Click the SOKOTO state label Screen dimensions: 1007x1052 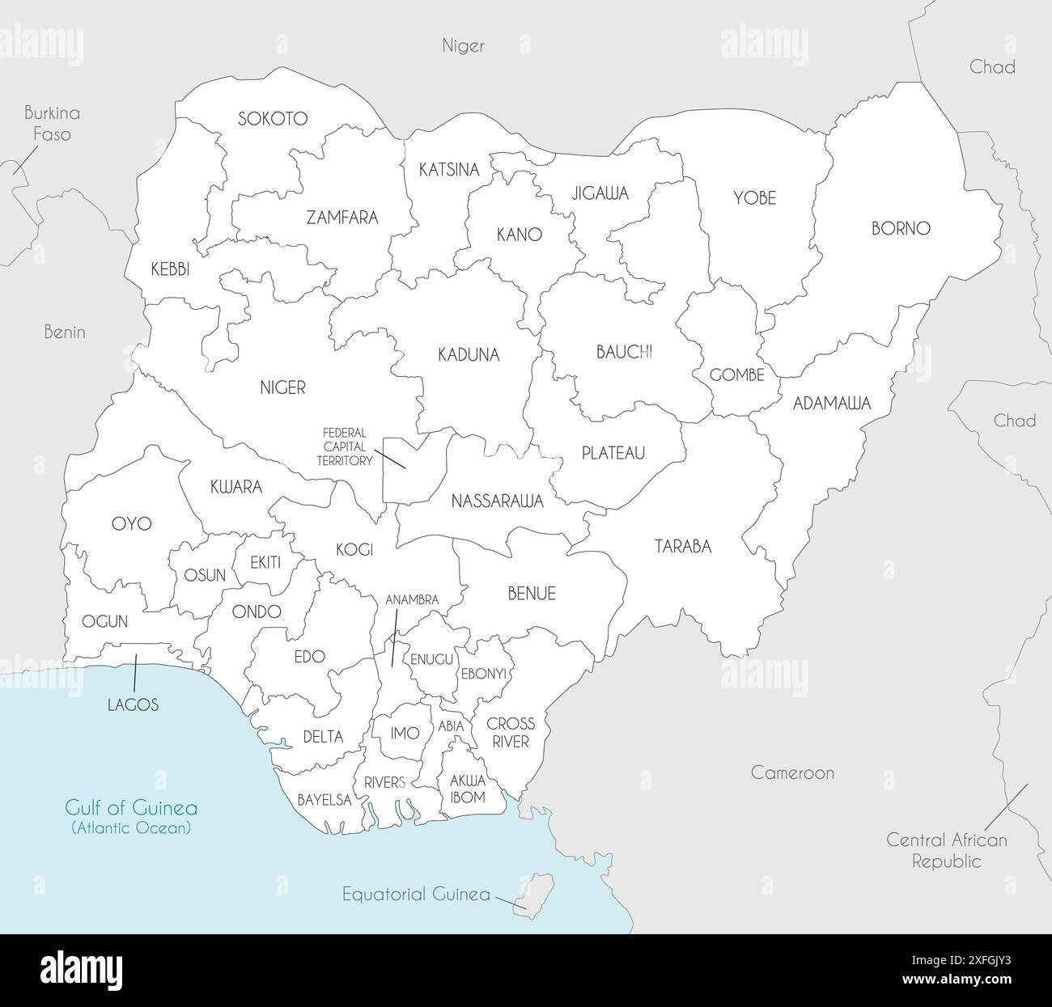pyautogui.click(x=273, y=119)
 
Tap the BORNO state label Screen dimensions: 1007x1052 pyautogui.click(x=901, y=228)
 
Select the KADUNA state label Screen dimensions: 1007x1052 pyautogui.click(x=469, y=354)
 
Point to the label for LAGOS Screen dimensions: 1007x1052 pyautogui.click(x=133, y=704)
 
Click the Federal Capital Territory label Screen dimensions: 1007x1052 pyautogui.click(x=345, y=446)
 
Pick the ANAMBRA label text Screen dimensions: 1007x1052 pyautogui.click(x=412, y=600)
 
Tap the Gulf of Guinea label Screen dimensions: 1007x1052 pyautogui.click(x=131, y=808)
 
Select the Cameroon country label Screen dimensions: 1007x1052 pyautogui.click(x=792, y=772)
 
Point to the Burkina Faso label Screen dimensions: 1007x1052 pyautogui.click(x=52, y=124)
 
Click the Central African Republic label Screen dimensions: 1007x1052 pyautogui.click(x=947, y=850)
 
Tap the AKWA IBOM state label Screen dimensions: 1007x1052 pyautogui.click(x=467, y=789)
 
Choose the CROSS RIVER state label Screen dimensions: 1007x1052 pyautogui.click(x=511, y=732)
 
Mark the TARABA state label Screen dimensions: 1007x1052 pyautogui.click(x=683, y=547)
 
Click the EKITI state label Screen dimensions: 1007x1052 pyautogui.click(x=265, y=562)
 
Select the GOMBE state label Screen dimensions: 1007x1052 pyautogui.click(x=736, y=375)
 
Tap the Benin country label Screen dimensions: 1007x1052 pyautogui.click(x=65, y=332)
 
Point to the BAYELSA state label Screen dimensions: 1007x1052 pyautogui.click(x=325, y=800)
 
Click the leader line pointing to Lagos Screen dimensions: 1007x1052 pyautogui.click(x=135, y=672)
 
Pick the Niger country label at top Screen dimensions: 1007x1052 pyautogui.click(x=463, y=45)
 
